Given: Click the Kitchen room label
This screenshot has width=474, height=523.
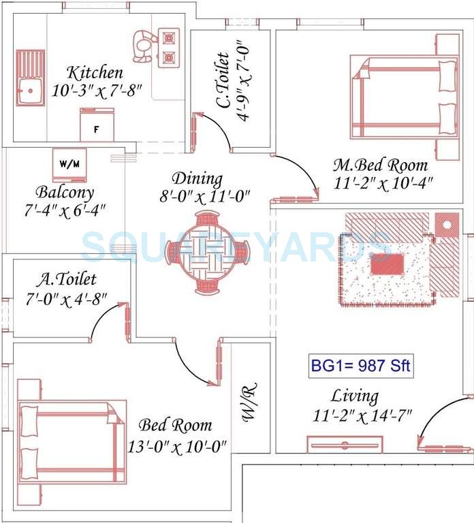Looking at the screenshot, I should pos(95,72).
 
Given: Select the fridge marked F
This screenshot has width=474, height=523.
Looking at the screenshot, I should pos(96,127).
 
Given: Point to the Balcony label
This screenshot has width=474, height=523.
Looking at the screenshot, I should pos(65,192).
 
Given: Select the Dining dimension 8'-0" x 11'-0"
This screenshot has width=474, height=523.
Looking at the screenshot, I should pos(202,196).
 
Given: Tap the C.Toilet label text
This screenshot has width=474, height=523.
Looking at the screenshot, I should pos(222,80).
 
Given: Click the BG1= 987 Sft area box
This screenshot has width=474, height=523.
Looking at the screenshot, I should pos(360,366).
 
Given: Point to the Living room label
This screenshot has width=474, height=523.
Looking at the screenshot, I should pos(355,396).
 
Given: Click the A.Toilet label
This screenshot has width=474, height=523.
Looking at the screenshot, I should pos(66,279).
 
